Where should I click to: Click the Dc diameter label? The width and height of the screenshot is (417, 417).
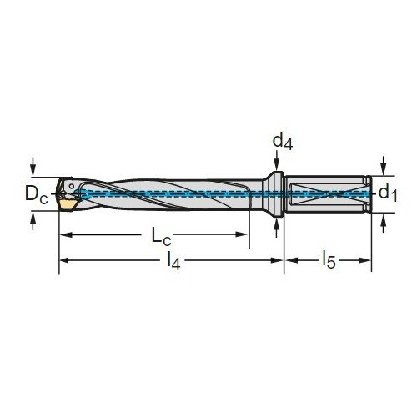[x=37, y=193]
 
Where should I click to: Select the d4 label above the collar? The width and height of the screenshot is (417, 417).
[x=283, y=142]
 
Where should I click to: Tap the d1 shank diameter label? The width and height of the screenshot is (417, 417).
[x=388, y=193]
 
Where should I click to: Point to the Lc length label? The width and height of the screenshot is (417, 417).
[x=161, y=236]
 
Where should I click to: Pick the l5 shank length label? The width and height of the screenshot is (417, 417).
[x=329, y=260]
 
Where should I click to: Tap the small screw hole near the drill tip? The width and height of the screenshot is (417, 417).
[x=72, y=186]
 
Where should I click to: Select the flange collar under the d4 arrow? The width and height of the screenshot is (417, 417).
[x=277, y=194]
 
